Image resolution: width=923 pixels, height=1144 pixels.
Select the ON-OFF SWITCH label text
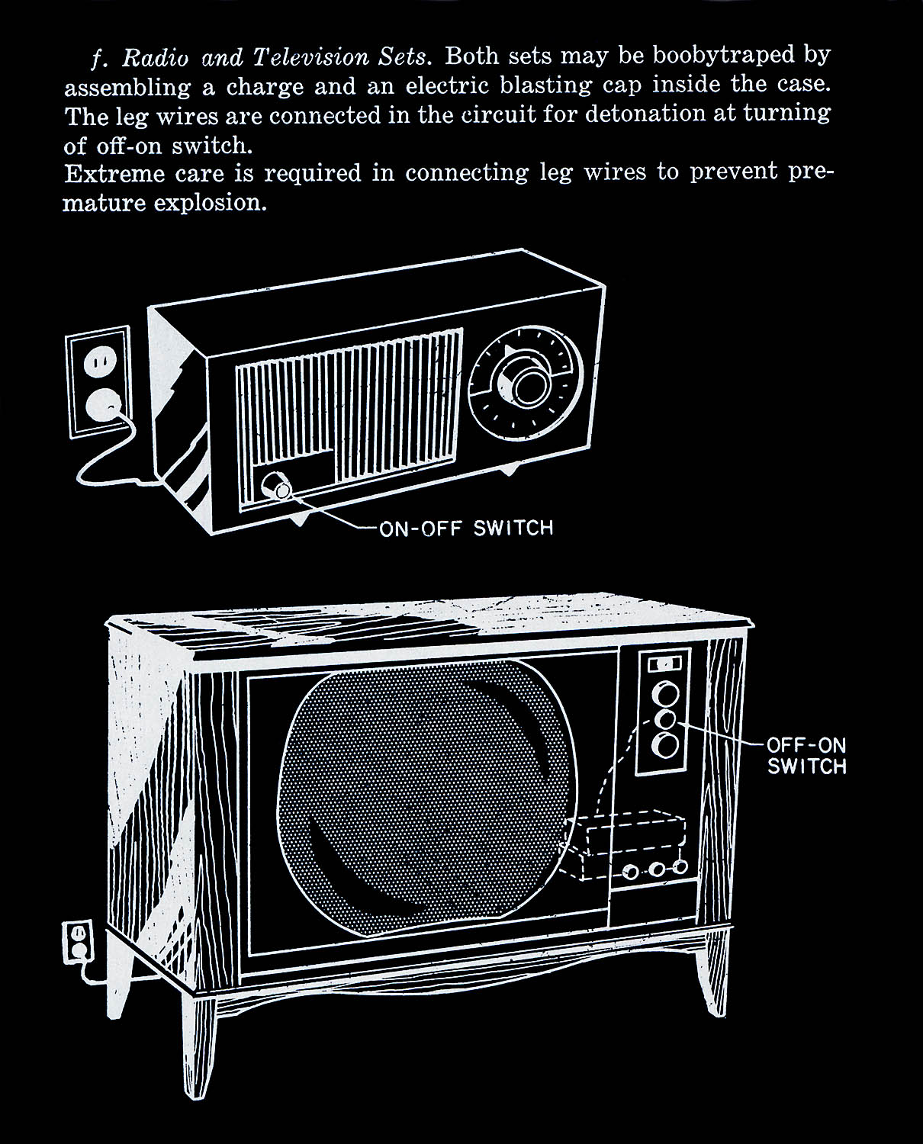click(465, 528)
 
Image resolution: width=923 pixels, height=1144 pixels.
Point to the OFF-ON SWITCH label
click(806, 756)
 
